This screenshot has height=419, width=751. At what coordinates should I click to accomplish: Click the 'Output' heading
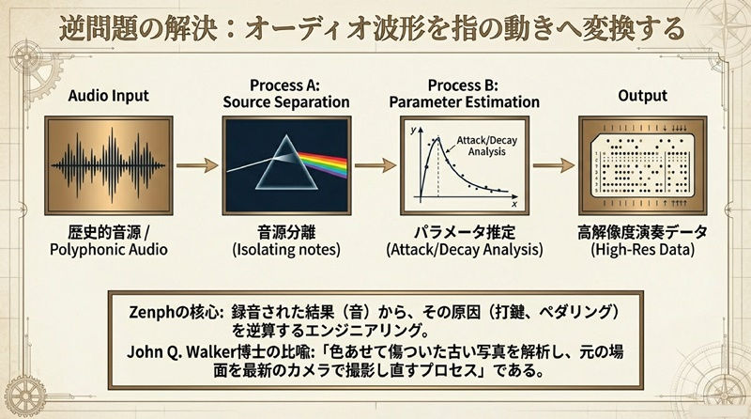pyautogui.click(x=643, y=96)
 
